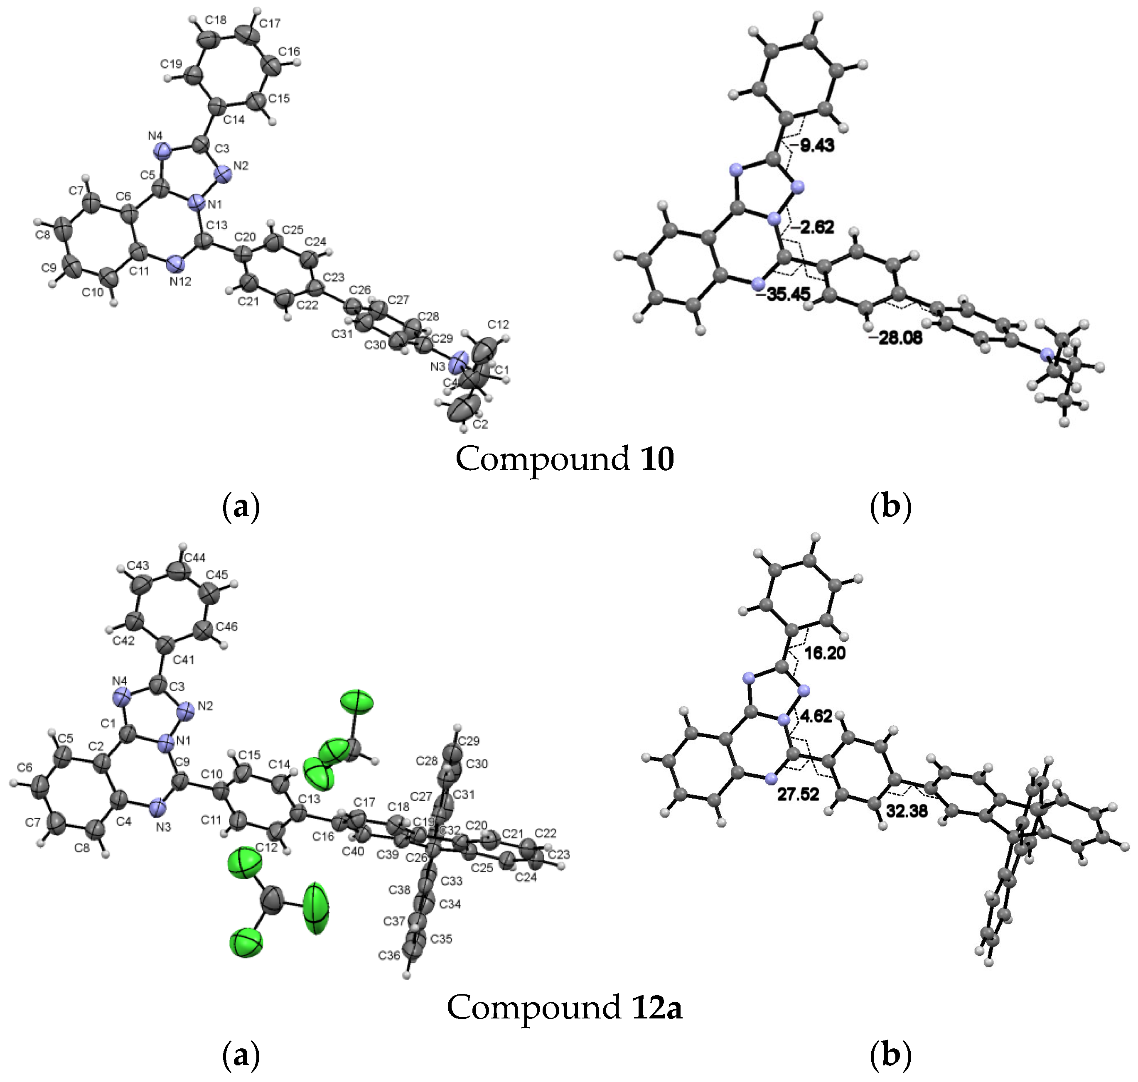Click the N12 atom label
point(180,282)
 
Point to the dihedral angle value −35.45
point(783,294)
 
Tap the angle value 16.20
point(825,653)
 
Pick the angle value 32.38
point(907,811)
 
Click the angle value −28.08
point(895,338)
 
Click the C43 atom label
point(138,566)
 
